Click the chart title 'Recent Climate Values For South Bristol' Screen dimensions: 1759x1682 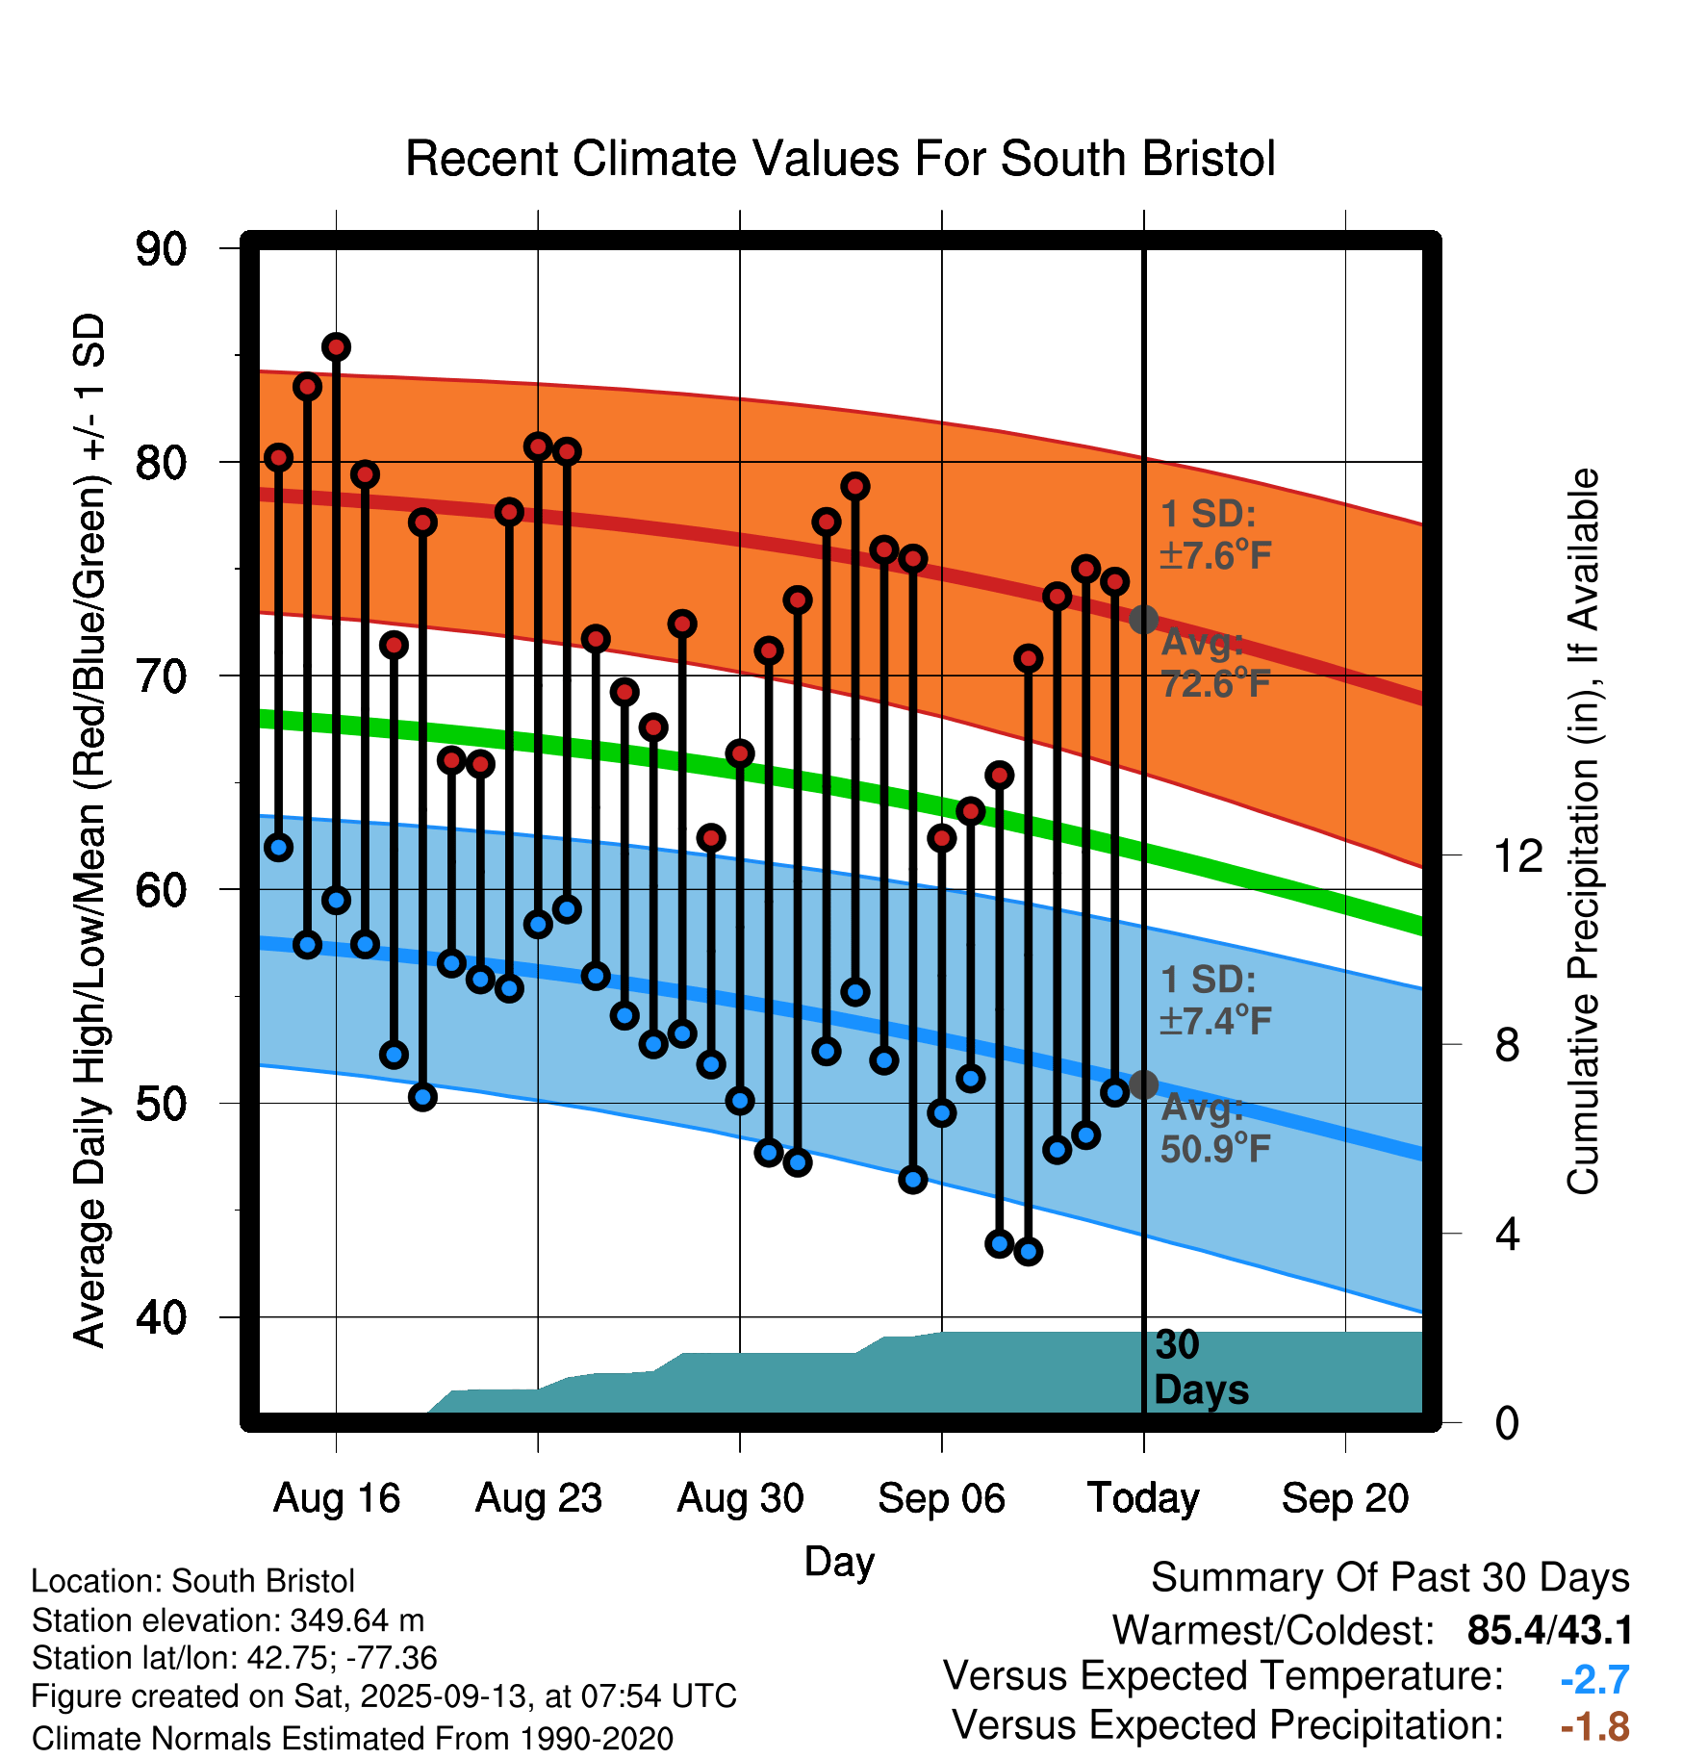[840, 159]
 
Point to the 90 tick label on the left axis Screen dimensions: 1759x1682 [161, 249]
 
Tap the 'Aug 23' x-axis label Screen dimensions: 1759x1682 [538, 1498]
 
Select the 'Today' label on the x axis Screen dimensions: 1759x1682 [1143, 1498]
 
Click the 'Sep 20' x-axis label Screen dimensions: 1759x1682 [1344, 1498]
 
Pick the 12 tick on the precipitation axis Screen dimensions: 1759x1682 [1517, 855]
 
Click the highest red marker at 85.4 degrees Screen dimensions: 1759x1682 [336, 346]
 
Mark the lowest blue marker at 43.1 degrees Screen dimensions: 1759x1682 [1029, 1252]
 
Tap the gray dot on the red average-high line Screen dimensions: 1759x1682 [1143, 619]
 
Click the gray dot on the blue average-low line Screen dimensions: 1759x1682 [1143, 1084]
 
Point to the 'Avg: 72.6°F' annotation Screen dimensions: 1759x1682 [1215, 663]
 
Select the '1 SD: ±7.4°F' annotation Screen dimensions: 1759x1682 [1215, 1000]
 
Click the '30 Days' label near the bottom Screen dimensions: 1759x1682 [1200, 1367]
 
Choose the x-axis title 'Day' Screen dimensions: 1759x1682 [839, 1561]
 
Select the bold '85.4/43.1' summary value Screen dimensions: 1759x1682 [1549, 1631]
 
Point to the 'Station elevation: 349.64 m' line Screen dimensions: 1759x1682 [228, 1620]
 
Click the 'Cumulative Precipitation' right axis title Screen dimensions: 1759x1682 [1583, 832]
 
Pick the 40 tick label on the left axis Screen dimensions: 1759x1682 [161, 1317]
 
